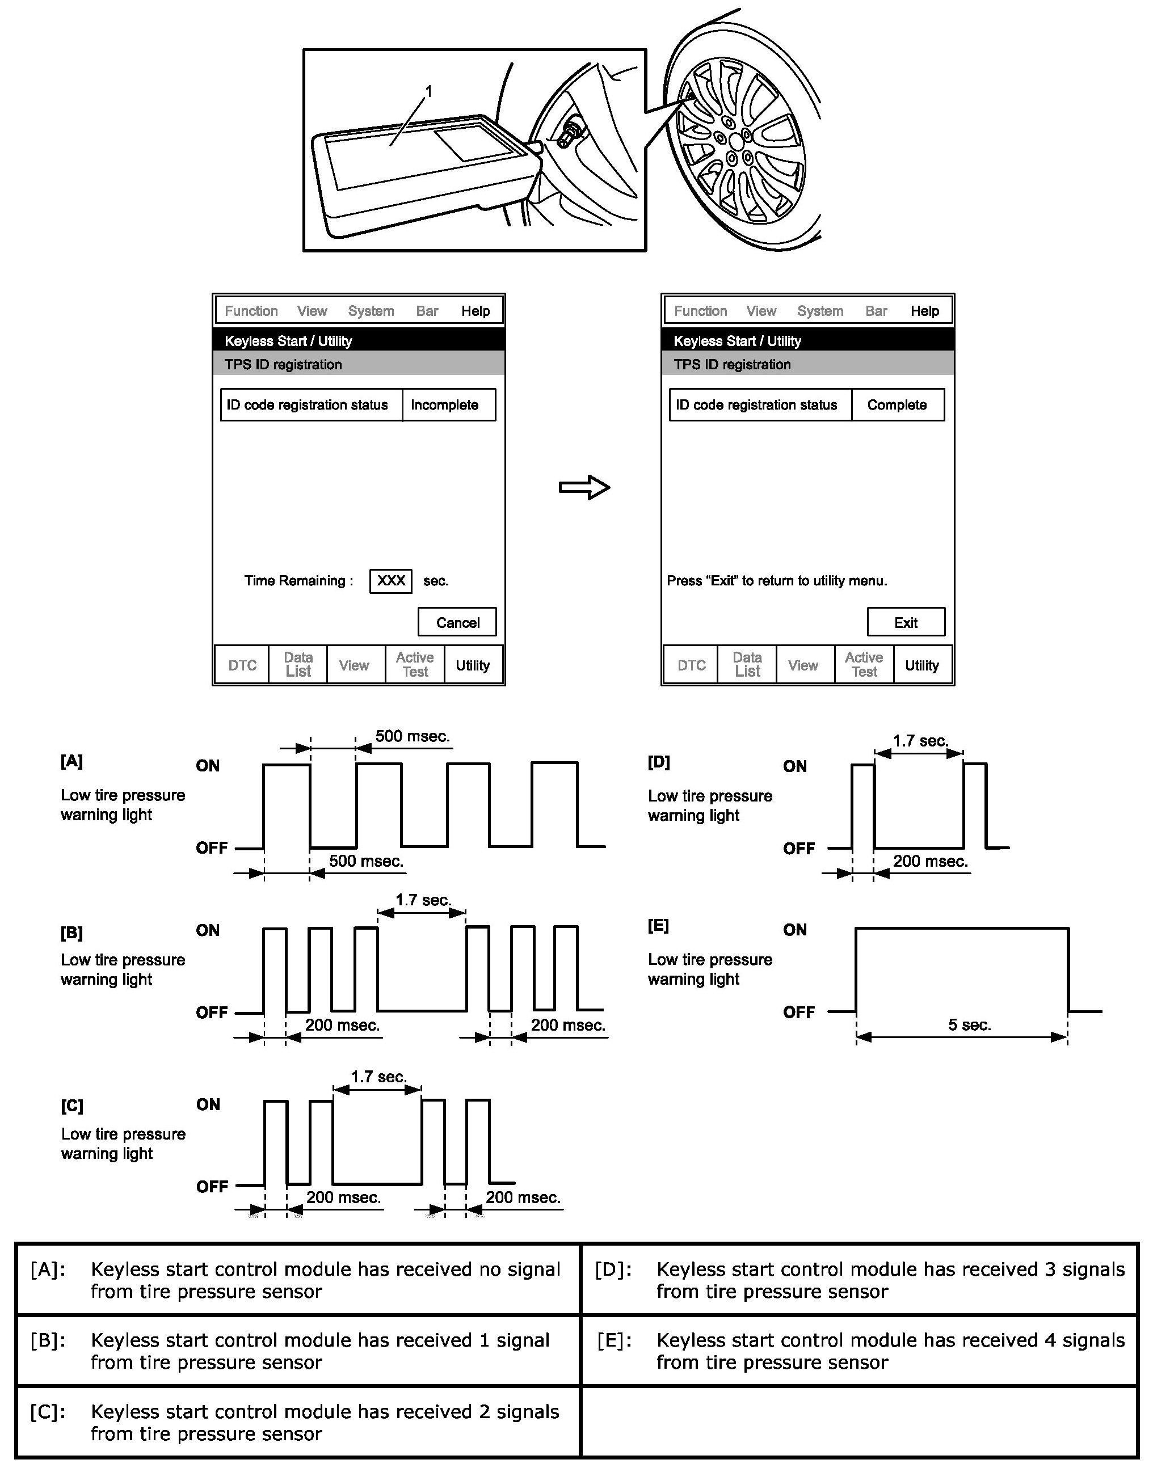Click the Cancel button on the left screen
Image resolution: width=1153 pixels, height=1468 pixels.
pyautogui.click(x=457, y=622)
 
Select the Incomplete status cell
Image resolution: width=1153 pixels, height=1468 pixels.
pyautogui.click(x=445, y=405)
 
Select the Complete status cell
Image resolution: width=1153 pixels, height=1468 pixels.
pyautogui.click(x=897, y=405)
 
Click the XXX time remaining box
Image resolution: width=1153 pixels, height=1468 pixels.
pyautogui.click(x=391, y=580)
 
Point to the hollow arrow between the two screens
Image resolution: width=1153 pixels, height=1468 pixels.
pyautogui.click(x=584, y=487)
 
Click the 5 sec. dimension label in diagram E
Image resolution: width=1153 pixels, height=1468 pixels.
pyautogui.click(x=969, y=1024)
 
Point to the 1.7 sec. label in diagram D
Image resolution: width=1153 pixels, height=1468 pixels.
pyautogui.click(x=920, y=740)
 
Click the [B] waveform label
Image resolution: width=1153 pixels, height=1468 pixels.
pyautogui.click(x=71, y=933)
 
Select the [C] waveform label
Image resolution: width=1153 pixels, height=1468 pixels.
pyautogui.click(x=71, y=1106)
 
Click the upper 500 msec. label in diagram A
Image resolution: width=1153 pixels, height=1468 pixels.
pyautogui.click(x=413, y=736)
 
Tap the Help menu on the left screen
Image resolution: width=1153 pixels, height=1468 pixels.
pyautogui.click(x=475, y=311)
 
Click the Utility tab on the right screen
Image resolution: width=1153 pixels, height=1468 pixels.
pyautogui.click(x=921, y=665)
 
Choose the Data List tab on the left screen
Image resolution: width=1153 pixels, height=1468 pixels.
pyautogui.click(x=298, y=664)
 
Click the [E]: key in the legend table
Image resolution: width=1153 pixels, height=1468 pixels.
pyautogui.click(x=615, y=1340)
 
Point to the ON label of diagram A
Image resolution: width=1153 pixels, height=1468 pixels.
pyautogui.click(x=208, y=765)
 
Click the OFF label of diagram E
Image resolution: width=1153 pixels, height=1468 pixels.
pyautogui.click(x=798, y=1012)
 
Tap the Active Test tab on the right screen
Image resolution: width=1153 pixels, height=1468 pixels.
pyautogui.click(x=864, y=664)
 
